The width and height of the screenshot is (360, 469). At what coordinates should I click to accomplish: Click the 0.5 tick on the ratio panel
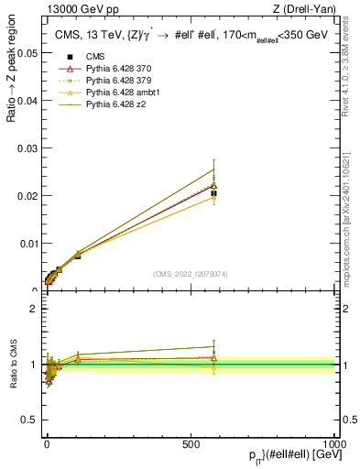pyautogui.click(x=30, y=420)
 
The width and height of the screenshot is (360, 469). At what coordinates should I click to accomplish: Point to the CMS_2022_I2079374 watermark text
pyautogui.click(x=190, y=273)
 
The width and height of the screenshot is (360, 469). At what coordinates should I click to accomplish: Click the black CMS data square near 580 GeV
pyautogui.click(x=213, y=193)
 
